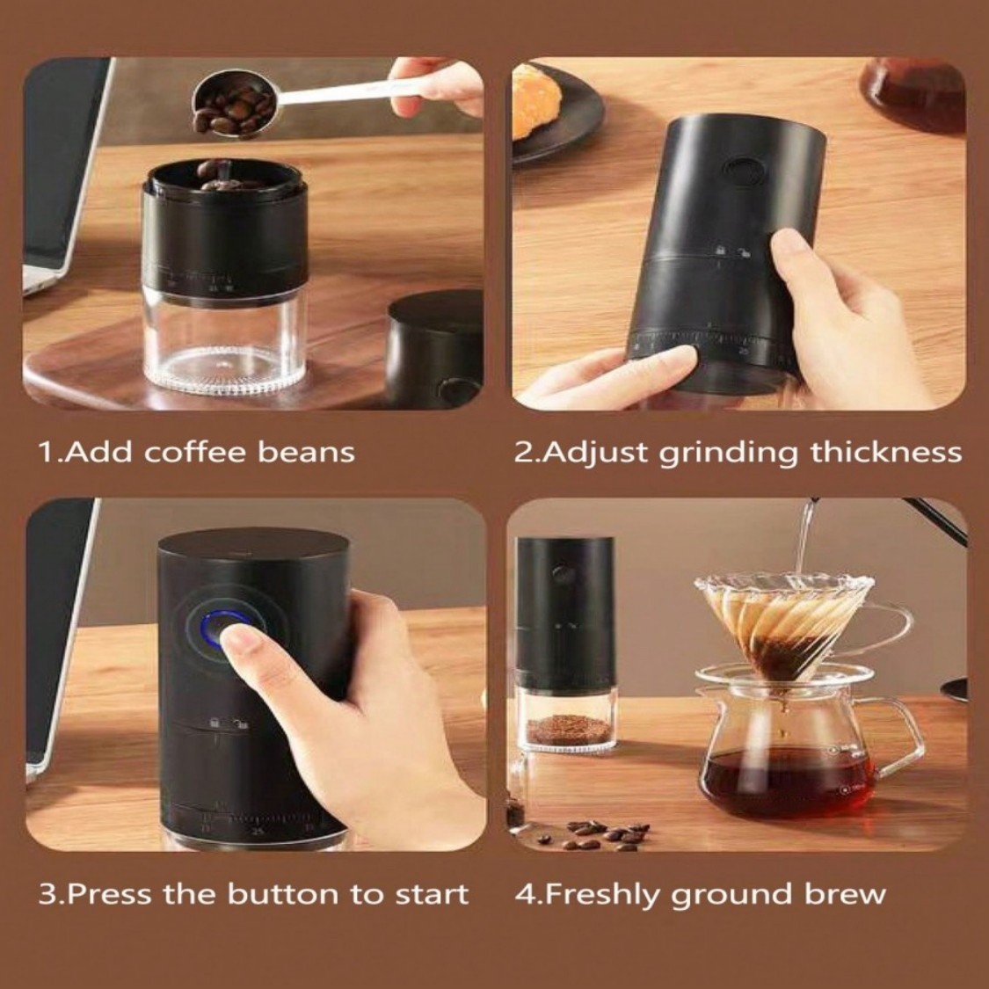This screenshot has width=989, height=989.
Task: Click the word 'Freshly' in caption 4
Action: point(599,894)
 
